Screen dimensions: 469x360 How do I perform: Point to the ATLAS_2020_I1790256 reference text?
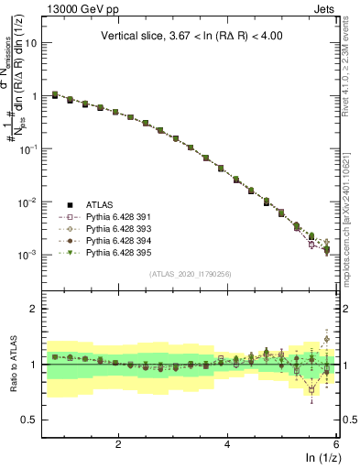pos(191,275)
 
